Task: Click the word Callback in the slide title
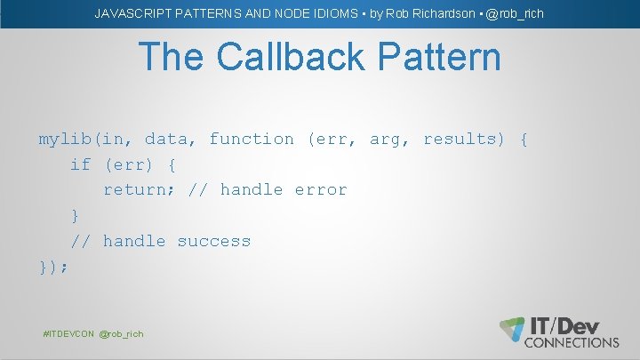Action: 298,57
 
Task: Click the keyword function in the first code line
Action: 252,139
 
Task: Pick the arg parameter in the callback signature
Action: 385,140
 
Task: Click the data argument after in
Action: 166,139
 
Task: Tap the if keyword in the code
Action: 81,164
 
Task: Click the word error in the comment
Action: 321,189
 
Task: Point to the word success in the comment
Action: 214,241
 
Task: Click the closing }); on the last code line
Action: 53,266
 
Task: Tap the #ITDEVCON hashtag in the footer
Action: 68,333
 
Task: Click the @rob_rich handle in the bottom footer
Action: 121,333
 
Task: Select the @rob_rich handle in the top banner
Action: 515,14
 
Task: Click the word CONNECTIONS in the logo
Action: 572,342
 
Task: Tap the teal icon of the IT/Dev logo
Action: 513,328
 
